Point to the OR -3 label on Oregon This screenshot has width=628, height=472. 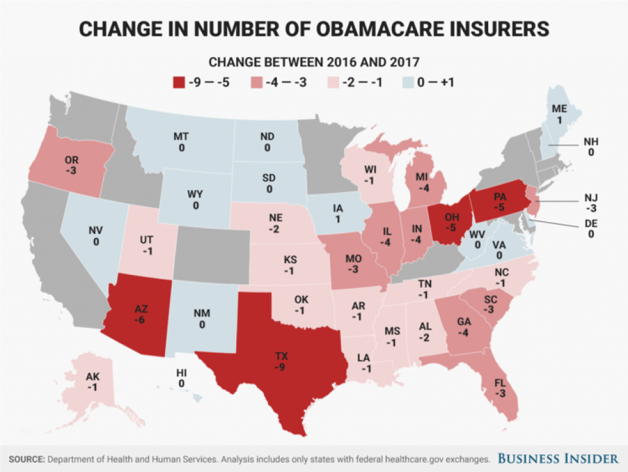(71, 164)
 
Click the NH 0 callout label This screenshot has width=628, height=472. (591, 147)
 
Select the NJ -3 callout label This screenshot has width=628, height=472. (591, 202)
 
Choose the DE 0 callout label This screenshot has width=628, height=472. (591, 229)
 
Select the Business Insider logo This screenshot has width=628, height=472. (557, 458)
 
